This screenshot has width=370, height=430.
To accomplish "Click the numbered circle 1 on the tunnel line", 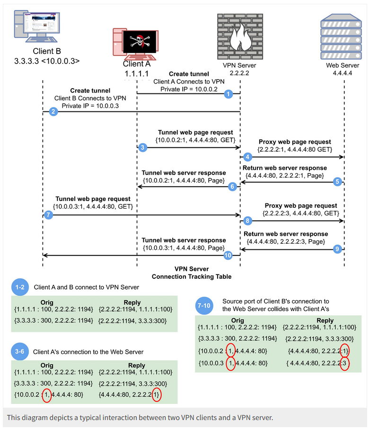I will (229, 94).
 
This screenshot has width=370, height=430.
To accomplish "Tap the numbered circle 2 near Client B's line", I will (53, 112).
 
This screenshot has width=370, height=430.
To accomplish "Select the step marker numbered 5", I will (337, 181).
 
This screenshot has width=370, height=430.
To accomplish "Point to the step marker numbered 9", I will (337, 248).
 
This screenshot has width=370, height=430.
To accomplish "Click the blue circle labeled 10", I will (228, 255).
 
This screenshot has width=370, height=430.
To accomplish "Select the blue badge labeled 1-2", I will (20, 287).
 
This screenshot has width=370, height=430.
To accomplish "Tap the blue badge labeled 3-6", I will (20, 352).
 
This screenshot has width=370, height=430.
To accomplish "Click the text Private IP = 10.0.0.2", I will (189, 89).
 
